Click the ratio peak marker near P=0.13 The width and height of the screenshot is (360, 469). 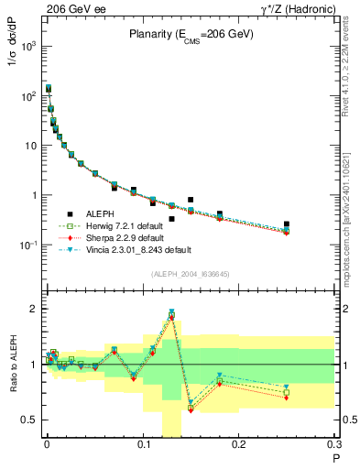point(171,312)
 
